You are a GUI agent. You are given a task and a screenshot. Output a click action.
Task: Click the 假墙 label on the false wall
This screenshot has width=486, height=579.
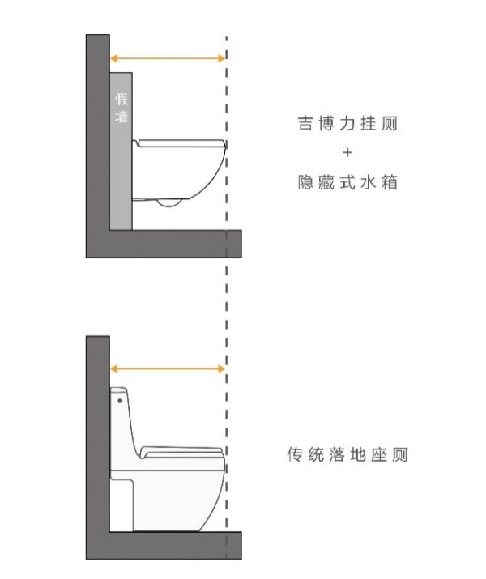pos(122,109)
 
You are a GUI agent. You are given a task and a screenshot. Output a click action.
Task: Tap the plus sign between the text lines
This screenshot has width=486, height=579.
pos(347,153)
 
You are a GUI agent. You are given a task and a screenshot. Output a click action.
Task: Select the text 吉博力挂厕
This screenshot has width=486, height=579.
pos(347,125)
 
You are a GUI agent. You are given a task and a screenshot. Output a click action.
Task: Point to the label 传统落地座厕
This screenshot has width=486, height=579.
pos(347,454)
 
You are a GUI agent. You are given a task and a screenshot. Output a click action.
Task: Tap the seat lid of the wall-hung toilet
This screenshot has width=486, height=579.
pos(181,143)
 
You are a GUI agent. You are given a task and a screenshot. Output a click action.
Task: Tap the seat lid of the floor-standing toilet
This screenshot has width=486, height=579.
pos(181,450)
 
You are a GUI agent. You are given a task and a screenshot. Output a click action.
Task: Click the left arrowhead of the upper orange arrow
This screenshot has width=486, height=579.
pos(113,57)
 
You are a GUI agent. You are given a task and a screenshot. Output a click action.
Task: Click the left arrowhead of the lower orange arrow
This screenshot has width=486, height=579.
pos(113,368)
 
